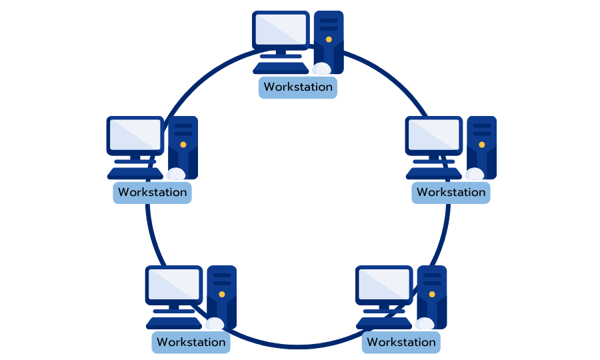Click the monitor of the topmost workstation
pyautogui.click(x=281, y=29)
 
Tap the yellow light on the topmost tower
pyautogui.click(x=329, y=39)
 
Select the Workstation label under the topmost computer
pyautogui.click(x=297, y=87)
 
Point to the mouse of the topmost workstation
pyautogui.click(x=321, y=68)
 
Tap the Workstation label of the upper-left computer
pyautogui.click(x=152, y=193)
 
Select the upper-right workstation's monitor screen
pyautogui.click(x=433, y=135)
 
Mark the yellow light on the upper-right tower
pyautogui.click(x=481, y=144)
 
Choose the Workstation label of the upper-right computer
pyautogui.click(x=451, y=193)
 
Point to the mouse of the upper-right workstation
pyautogui.click(x=475, y=174)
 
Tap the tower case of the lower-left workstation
pyautogui.click(x=221, y=296)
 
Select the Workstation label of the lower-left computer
pyautogui.click(x=191, y=343)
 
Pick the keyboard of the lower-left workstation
pyautogui.click(x=174, y=323)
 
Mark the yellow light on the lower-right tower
pyautogui.click(x=431, y=293)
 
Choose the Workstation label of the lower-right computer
pyautogui.click(x=401, y=343)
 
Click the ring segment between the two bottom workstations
pyautogui.click(x=297, y=347)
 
